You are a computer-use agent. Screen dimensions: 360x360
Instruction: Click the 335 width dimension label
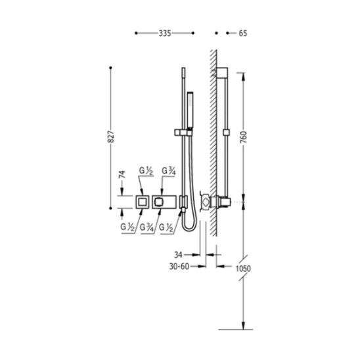click(165, 34)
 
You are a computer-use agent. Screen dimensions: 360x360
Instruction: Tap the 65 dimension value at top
click(243, 34)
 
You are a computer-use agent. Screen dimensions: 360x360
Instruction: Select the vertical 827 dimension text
click(111, 137)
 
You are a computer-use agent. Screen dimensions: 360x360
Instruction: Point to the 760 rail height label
click(243, 137)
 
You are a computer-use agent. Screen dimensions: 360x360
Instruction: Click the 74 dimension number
click(122, 174)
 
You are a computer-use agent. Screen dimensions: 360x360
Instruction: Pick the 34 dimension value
click(179, 255)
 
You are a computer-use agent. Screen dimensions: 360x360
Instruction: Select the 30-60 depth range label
click(179, 266)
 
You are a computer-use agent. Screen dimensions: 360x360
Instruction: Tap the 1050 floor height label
click(243, 269)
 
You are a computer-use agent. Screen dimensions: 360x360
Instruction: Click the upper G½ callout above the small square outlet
click(146, 171)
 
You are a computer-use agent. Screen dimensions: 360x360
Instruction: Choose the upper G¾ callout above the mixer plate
click(169, 171)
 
